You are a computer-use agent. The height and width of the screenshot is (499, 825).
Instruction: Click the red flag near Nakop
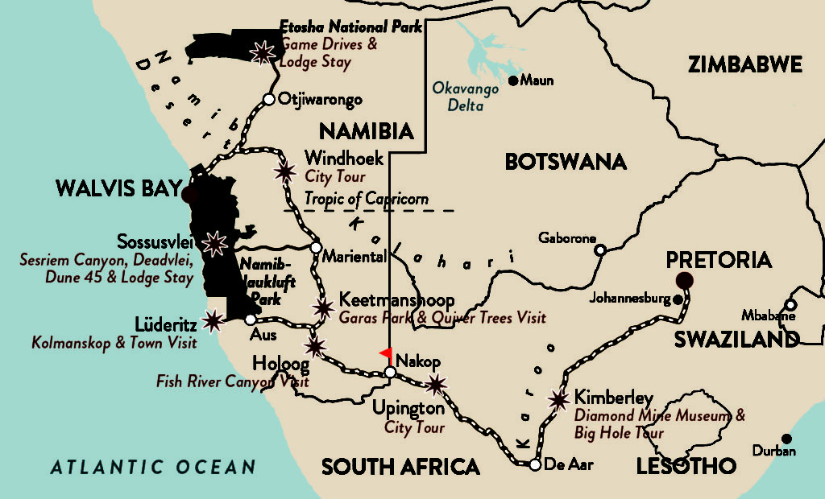386,353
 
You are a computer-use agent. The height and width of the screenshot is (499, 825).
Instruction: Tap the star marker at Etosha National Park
262,52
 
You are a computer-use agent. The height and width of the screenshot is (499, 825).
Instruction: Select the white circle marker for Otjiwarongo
269,100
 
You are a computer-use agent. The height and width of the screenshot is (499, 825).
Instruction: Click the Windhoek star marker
284,171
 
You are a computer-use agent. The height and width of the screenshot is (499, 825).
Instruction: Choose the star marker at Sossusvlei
214,243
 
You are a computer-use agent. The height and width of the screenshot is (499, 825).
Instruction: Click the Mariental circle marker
316,247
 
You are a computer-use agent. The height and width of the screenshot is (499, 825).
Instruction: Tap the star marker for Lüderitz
213,321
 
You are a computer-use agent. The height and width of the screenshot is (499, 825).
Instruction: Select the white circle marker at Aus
250,320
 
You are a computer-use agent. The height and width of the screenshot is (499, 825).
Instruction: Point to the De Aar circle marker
535,464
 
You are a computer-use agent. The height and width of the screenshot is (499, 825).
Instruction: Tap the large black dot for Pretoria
685,280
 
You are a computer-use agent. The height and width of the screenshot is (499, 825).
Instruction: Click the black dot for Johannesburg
678,299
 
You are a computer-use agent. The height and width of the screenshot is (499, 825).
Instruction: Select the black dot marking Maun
513,80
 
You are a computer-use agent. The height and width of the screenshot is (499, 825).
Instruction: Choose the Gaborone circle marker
600,249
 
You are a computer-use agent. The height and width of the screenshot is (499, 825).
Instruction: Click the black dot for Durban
786,439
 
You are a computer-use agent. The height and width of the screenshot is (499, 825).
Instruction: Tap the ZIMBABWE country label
745,65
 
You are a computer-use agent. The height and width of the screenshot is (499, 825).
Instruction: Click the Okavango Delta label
466,96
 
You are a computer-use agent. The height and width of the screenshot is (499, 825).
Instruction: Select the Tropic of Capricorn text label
366,199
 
